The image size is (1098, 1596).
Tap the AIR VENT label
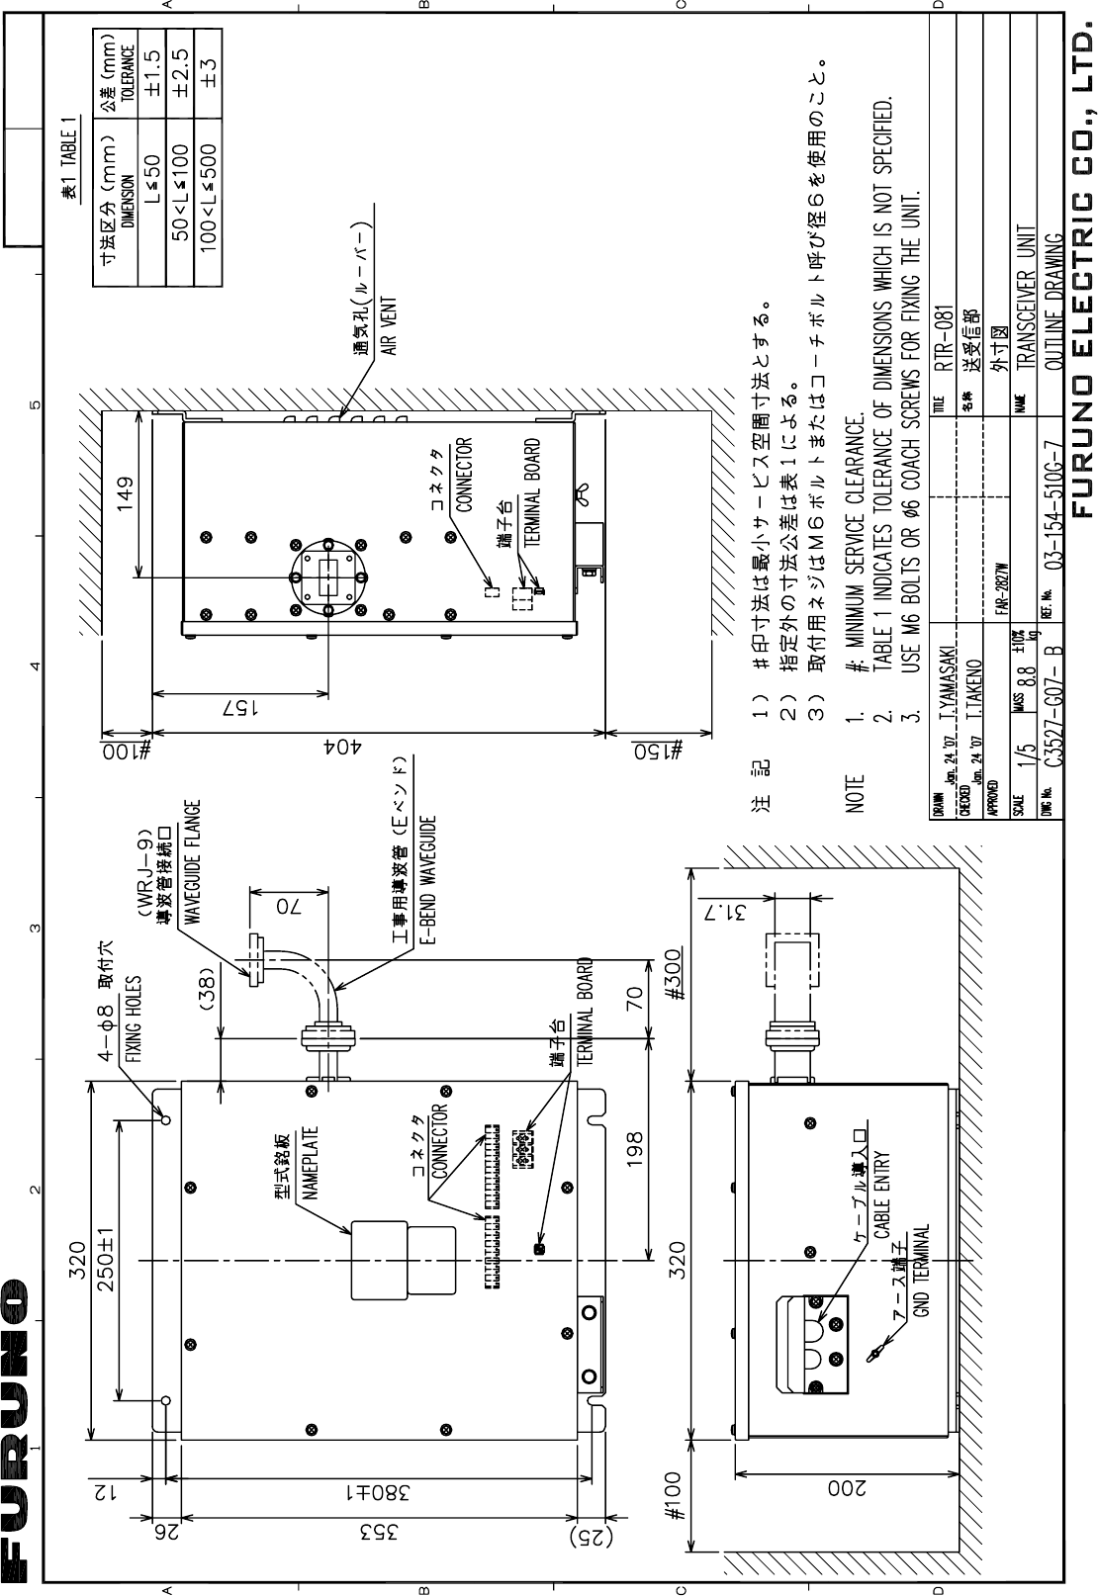390,326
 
